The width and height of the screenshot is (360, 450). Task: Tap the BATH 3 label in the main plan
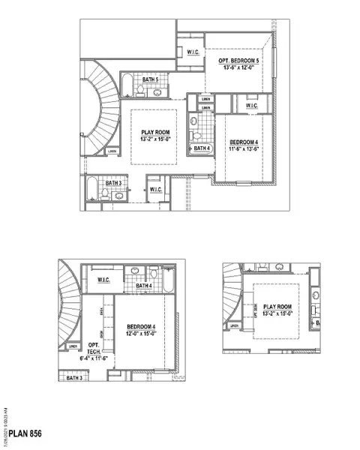(x=113, y=183)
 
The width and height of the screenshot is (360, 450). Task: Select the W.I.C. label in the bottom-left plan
(x=106, y=280)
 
